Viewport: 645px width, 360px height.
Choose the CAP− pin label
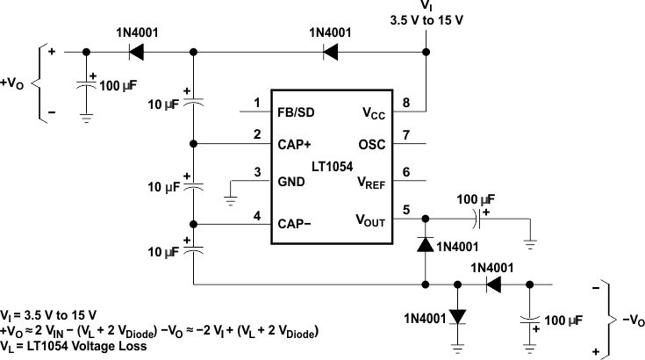(x=296, y=223)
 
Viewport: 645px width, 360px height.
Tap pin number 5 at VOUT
(x=406, y=209)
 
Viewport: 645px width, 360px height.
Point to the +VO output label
(x=13, y=86)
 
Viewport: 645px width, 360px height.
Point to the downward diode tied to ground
(x=457, y=313)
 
